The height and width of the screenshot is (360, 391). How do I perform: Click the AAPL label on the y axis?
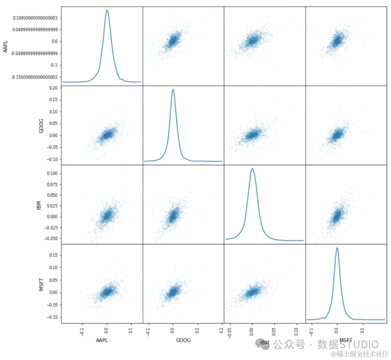click(5, 46)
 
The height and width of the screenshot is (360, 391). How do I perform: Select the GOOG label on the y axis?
click(41, 125)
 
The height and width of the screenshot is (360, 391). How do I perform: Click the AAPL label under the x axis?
click(102, 340)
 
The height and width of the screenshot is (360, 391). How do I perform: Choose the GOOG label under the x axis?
click(183, 340)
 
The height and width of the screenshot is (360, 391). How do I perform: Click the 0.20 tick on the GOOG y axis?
click(53, 88)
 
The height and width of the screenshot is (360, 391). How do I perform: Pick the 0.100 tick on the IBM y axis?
click(51, 173)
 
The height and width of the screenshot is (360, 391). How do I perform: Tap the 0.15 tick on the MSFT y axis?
click(53, 255)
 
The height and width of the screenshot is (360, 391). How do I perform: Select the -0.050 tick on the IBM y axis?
click(50, 238)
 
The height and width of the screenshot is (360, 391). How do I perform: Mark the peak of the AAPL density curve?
click(107, 10)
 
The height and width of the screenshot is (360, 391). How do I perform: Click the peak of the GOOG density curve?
click(173, 89)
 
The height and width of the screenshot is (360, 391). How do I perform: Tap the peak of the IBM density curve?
click(252, 168)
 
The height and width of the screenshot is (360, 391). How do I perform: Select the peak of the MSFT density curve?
click(337, 248)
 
